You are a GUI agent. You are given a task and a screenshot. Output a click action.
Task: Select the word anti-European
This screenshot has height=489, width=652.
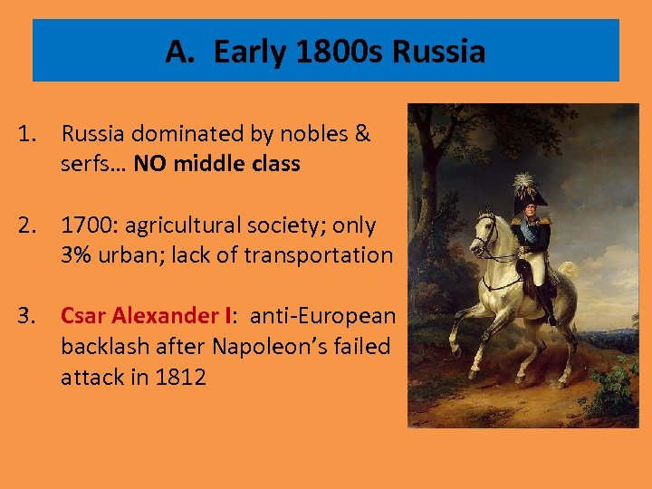322,316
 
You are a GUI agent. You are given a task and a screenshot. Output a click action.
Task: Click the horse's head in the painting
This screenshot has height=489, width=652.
484,234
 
